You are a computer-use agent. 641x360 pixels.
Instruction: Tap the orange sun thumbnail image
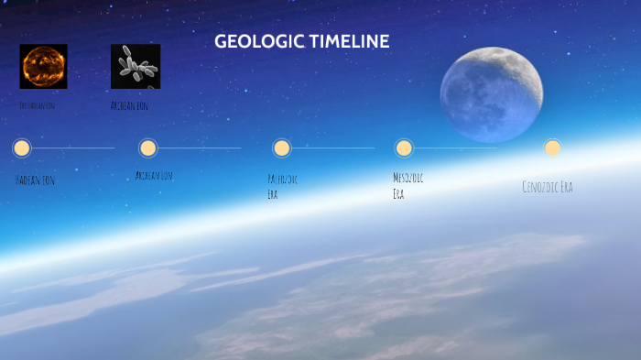pyautogui.click(x=43, y=66)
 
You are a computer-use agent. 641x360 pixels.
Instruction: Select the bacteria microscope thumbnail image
pyautogui.click(x=136, y=66)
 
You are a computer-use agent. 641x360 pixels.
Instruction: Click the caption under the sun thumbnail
pyautogui.click(x=37, y=105)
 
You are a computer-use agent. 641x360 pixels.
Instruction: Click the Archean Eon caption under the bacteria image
pyautogui.click(x=129, y=105)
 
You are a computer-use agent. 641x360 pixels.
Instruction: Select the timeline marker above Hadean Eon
pyautogui.click(x=22, y=147)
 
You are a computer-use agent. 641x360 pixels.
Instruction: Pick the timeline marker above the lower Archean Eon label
pyautogui.click(x=148, y=147)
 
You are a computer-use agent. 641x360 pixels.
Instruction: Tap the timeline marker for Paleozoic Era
pyautogui.click(x=282, y=147)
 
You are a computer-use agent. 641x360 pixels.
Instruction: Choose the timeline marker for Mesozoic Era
pyautogui.click(x=404, y=147)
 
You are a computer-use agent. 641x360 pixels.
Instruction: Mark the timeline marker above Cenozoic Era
pyautogui.click(x=552, y=147)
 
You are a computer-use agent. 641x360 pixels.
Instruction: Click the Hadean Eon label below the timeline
pyautogui.click(x=35, y=180)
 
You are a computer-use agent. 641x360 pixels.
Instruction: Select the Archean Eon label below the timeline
pyautogui.click(x=154, y=175)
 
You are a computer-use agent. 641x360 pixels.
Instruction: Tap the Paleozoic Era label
pyautogui.click(x=281, y=186)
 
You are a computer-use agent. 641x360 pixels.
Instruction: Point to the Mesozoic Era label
pyautogui.click(x=407, y=185)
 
